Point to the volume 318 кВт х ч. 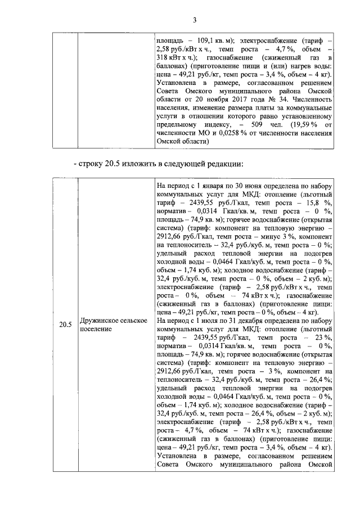pyautogui.click(x=176, y=58)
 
